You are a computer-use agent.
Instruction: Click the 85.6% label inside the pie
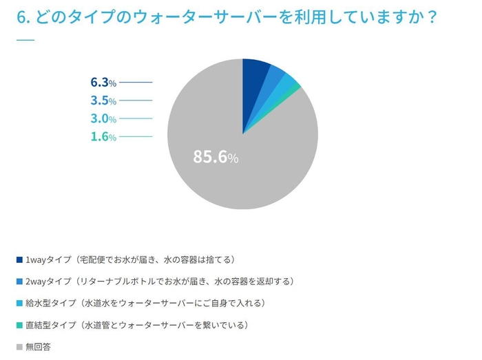point(215,158)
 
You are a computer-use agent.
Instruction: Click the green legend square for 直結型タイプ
point(19,325)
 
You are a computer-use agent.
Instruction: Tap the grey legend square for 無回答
point(19,346)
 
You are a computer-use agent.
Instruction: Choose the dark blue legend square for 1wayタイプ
point(19,260)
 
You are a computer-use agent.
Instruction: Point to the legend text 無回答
point(38,346)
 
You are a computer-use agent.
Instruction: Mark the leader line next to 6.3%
point(136,83)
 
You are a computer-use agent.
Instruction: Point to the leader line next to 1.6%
point(136,136)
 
